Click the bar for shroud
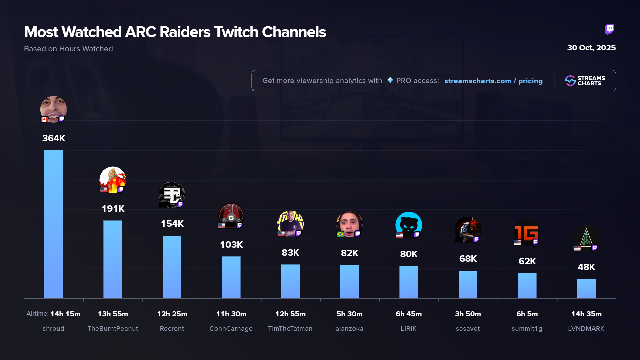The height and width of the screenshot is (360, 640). pyautogui.click(x=53, y=224)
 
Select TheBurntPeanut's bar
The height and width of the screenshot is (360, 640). pyautogui.click(x=113, y=259)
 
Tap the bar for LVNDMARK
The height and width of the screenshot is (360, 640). pyautogui.click(x=586, y=289)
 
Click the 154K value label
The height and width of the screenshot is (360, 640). pyautogui.click(x=172, y=224)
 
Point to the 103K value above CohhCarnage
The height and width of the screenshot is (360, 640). pyautogui.click(x=231, y=245)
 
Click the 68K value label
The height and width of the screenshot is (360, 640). pyautogui.click(x=468, y=259)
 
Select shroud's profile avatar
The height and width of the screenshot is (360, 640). pyautogui.click(x=53, y=109)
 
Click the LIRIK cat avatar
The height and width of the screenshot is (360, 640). pyautogui.click(x=408, y=224)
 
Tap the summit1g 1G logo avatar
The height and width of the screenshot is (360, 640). pyautogui.click(x=527, y=232)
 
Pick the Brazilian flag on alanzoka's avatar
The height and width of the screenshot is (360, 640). pyautogui.click(x=340, y=234)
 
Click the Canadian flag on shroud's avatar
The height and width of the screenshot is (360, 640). pyautogui.click(x=44, y=119)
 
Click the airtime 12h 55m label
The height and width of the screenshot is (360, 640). pyautogui.click(x=290, y=314)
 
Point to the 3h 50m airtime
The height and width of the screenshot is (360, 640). pyautogui.click(x=468, y=314)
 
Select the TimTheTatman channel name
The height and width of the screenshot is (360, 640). pyautogui.click(x=290, y=329)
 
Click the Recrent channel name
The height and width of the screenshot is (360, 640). pyautogui.click(x=172, y=329)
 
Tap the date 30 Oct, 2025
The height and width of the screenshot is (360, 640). pyautogui.click(x=591, y=48)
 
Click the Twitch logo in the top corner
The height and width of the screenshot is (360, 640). pyautogui.click(x=609, y=30)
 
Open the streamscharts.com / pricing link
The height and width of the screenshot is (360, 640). pyautogui.click(x=493, y=81)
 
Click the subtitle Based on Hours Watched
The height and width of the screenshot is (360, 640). pyautogui.click(x=68, y=49)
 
